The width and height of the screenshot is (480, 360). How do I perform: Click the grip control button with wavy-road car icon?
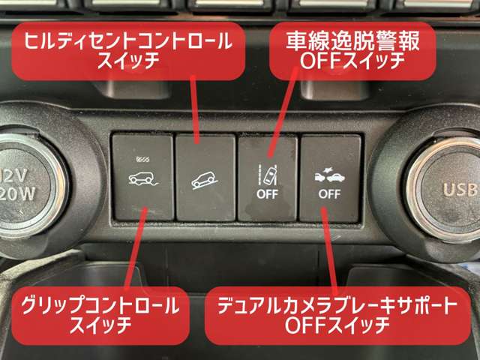pyautogui.click(x=142, y=177)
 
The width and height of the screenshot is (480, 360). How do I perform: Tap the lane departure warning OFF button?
pyautogui.click(x=268, y=178)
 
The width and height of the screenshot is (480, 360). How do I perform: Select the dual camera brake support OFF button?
pyautogui.click(x=330, y=178)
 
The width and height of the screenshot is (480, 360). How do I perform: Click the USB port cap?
pyautogui.click(x=447, y=190)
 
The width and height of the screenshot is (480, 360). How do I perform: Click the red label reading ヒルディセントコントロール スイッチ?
pyautogui.click(x=128, y=51)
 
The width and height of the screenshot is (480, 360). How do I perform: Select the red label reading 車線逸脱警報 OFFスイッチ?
pyautogui.click(x=352, y=51)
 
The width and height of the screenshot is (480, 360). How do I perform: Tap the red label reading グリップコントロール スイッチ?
pyautogui.click(x=100, y=315)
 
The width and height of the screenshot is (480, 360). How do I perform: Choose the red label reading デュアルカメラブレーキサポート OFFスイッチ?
pyautogui.click(x=337, y=315)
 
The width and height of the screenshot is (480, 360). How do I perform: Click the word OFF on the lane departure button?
pyautogui.click(x=267, y=194)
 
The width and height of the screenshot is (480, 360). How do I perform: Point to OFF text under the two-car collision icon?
pyautogui.click(x=329, y=194)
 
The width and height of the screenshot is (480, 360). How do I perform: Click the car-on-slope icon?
pyautogui.click(x=205, y=181)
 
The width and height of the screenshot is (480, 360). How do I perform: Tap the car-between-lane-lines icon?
pyautogui.click(x=267, y=175)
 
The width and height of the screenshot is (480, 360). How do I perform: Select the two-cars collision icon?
pyautogui.click(x=330, y=175)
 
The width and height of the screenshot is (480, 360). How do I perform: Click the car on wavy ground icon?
pyautogui.click(x=143, y=178)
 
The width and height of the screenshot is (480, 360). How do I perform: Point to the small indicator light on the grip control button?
pyautogui.click(x=143, y=159)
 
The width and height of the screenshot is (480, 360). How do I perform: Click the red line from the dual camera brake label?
pyautogui.click(x=329, y=249)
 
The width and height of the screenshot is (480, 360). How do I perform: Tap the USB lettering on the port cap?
pyautogui.click(x=460, y=190)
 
